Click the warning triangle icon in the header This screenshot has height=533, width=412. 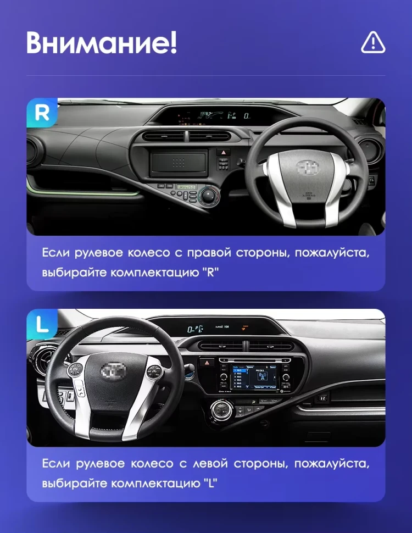[x=373, y=42]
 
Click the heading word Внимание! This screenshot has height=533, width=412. [x=102, y=43]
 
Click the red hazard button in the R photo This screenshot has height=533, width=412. [x=224, y=152]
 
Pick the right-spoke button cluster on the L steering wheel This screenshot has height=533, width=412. [x=154, y=370]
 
